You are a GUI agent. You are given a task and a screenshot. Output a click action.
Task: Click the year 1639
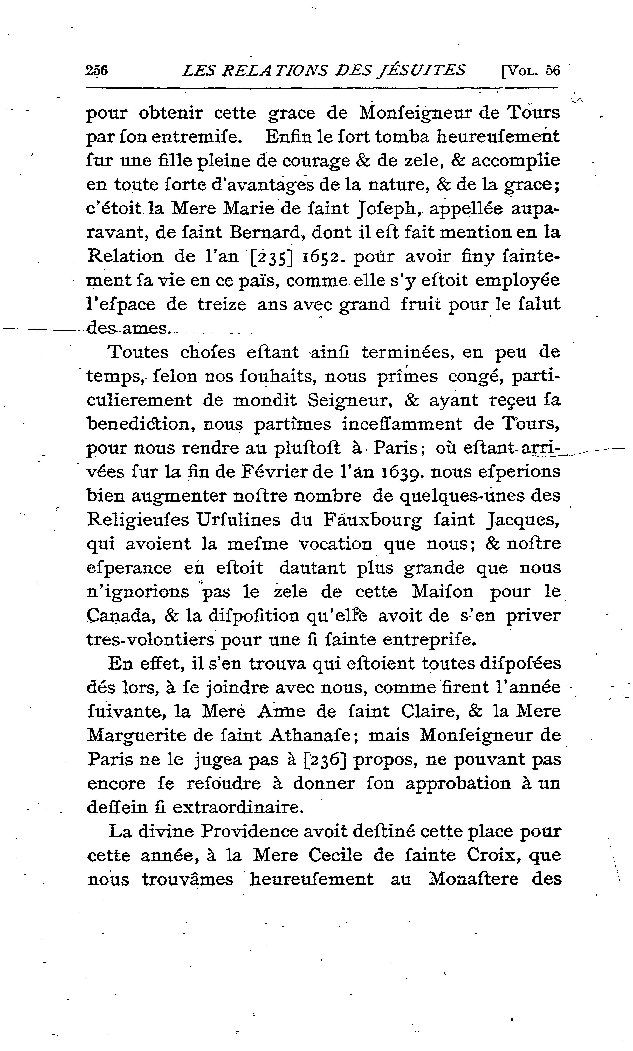[x=407, y=472]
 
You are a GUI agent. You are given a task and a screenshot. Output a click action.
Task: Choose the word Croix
[x=493, y=855]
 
